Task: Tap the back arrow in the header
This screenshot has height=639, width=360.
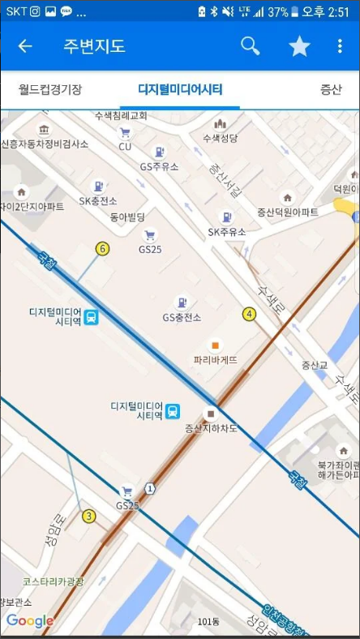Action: click(x=25, y=46)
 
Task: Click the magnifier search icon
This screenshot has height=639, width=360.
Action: click(x=251, y=46)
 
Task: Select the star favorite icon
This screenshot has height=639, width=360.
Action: click(x=299, y=46)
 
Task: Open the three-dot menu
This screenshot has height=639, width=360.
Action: click(x=340, y=46)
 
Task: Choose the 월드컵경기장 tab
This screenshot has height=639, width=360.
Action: click(x=50, y=89)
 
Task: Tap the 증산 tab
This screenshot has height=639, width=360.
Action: click(x=331, y=89)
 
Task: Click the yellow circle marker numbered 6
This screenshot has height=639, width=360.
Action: click(x=102, y=248)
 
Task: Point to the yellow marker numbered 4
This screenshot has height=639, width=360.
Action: click(x=249, y=314)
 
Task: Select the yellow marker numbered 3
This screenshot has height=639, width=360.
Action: click(x=89, y=516)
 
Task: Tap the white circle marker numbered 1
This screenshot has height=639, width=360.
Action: click(x=150, y=487)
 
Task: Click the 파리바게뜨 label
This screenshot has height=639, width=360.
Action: click(x=216, y=359)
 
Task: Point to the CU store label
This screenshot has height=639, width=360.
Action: click(x=125, y=146)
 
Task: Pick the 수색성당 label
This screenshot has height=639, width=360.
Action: click(x=220, y=138)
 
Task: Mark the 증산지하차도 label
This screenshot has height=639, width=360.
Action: click(x=210, y=427)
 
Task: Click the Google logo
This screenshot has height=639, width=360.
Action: click(x=29, y=621)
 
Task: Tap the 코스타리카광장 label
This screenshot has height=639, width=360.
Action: click(x=54, y=581)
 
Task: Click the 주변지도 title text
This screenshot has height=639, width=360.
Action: click(x=94, y=46)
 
